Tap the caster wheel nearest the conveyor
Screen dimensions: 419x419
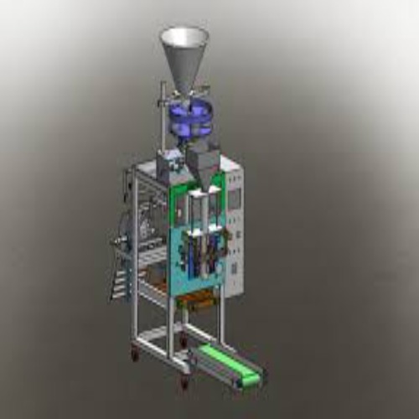click(184, 384)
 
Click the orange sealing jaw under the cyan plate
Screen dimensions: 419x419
click(201, 301)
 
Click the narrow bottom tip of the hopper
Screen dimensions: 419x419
click(183, 88)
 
